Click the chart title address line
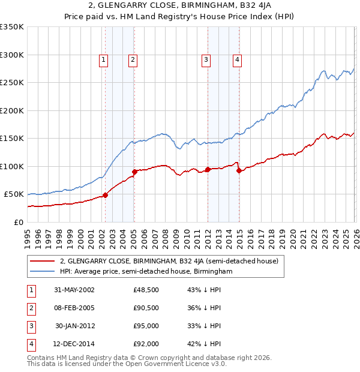click(180, 7)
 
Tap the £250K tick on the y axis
click(12, 83)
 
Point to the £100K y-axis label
click(12, 166)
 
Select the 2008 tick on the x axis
click(165, 236)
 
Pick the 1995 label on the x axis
click(28, 236)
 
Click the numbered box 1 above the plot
click(104, 59)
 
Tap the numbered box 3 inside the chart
click(206, 59)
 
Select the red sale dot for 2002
click(106, 195)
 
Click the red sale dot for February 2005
click(134, 172)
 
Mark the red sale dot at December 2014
click(239, 171)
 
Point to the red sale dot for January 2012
click(208, 169)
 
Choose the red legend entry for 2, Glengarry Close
click(169, 261)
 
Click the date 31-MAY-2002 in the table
click(74, 290)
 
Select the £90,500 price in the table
click(146, 308)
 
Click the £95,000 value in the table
click(146, 326)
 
